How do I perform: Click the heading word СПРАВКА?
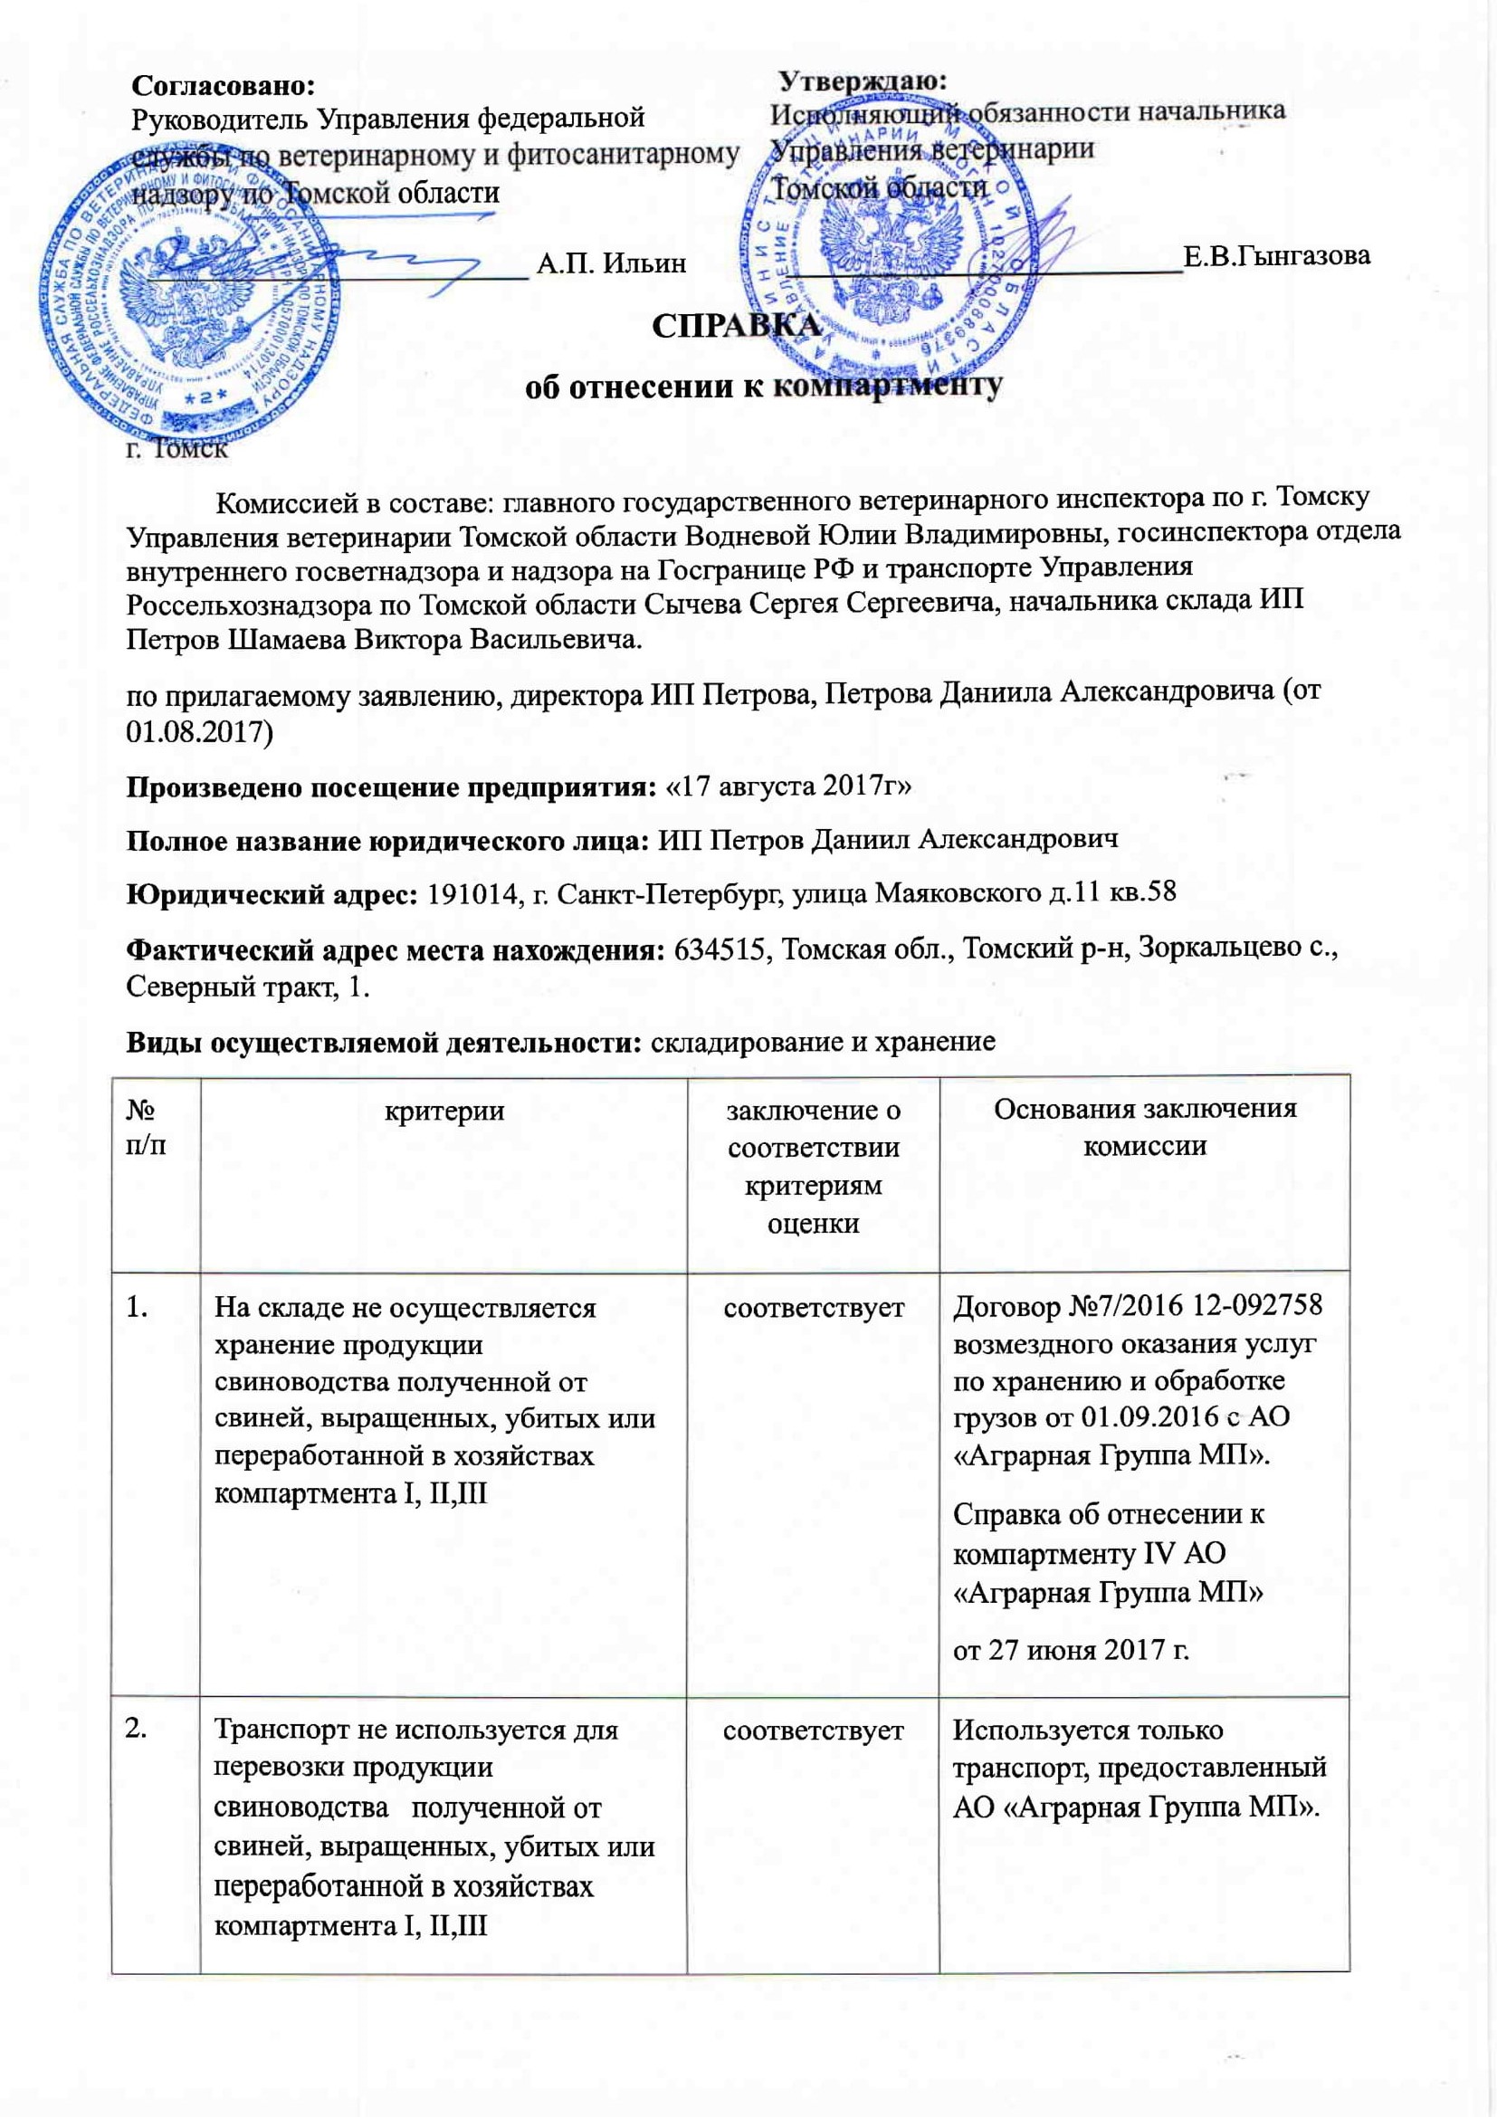point(736,327)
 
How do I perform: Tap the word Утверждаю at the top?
point(863,81)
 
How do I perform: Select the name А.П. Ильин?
point(611,263)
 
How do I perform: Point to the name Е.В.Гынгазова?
point(1276,255)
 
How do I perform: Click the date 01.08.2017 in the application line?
point(199,732)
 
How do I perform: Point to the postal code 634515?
point(721,949)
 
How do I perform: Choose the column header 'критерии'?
point(444,1111)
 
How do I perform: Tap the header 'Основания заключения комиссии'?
point(1144,1127)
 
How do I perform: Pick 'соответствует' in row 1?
point(813,1308)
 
